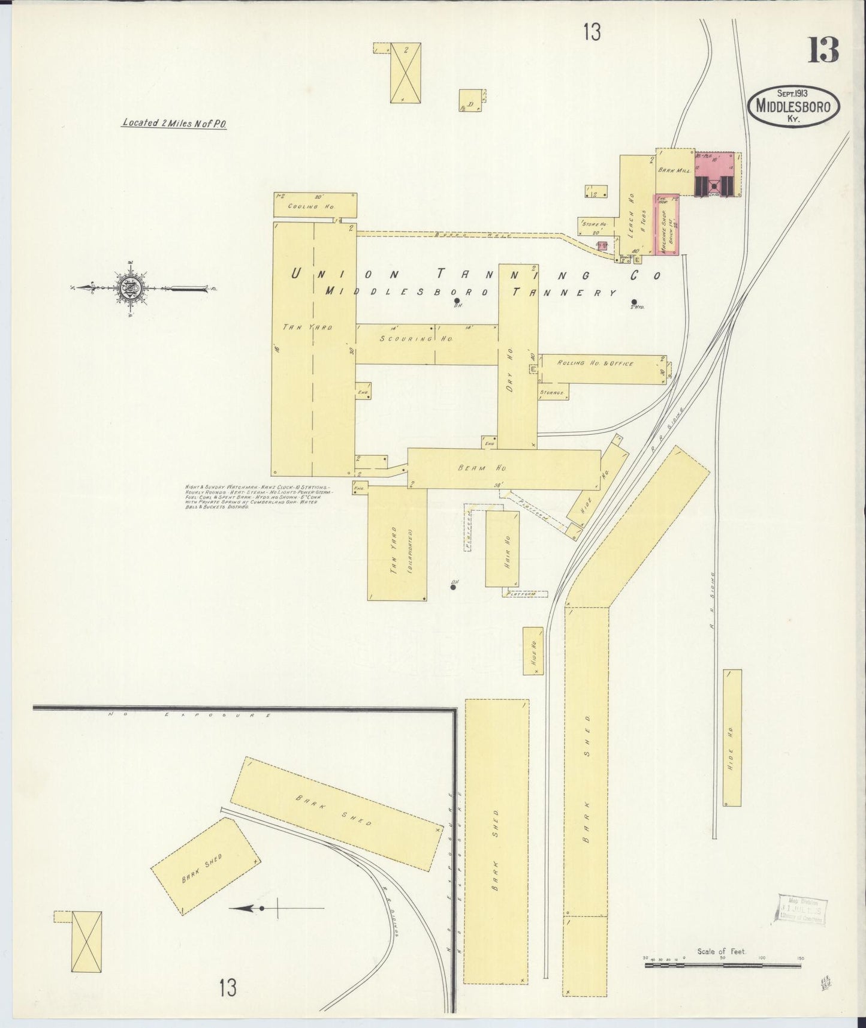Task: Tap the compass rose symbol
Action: pyautogui.click(x=129, y=288)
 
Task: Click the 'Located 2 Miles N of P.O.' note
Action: pyautogui.click(x=174, y=123)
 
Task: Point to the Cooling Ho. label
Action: pyautogui.click(x=303, y=206)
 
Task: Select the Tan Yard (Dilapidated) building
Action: pyautogui.click(x=397, y=543)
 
